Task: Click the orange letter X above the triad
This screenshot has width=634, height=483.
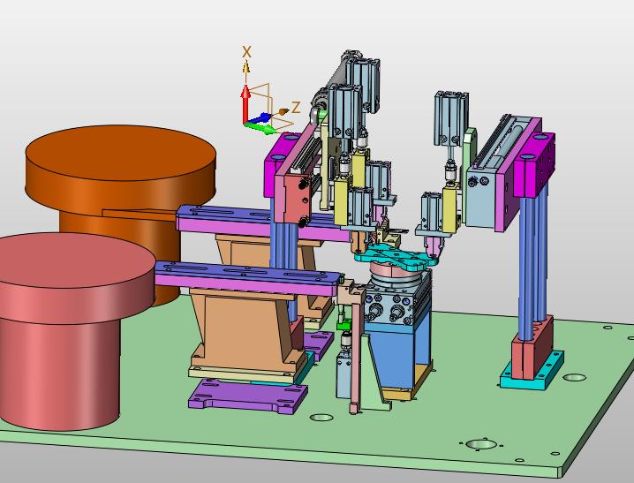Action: [246, 52]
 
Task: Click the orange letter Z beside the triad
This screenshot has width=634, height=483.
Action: [296, 108]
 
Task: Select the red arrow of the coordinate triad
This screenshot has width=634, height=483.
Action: [245, 103]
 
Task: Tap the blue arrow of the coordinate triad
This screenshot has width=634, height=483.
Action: [259, 118]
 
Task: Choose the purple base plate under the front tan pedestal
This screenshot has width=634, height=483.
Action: [247, 396]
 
